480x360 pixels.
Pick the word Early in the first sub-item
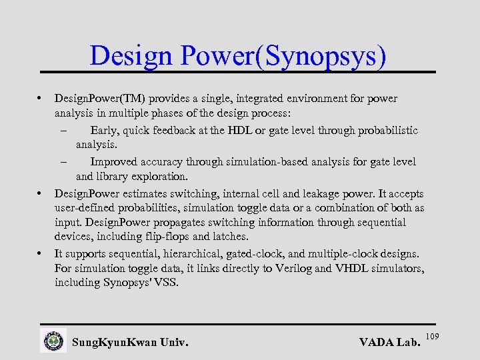(x=104, y=130)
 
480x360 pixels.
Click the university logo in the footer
(x=53, y=341)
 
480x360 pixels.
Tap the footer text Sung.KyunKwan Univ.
(x=130, y=343)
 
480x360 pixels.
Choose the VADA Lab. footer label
(x=389, y=343)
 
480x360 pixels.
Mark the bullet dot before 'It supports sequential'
(x=41, y=254)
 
